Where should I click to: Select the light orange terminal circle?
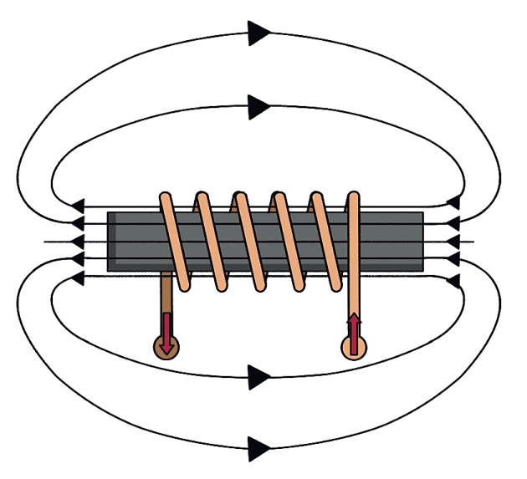(355, 347)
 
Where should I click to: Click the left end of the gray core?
(111, 242)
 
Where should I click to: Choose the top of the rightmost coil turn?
(354, 198)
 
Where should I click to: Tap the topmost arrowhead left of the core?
(78, 205)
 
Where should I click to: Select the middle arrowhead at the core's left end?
(78, 242)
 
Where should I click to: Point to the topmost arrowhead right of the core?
(454, 203)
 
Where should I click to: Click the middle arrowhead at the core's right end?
(454, 242)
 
